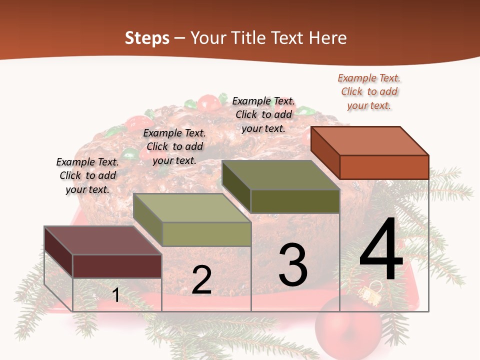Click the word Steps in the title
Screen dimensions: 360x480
pos(147,38)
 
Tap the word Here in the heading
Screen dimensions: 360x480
pos(327,38)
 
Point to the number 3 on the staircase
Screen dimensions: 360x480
pos(292,265)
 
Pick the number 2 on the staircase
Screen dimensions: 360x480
pos(201,280)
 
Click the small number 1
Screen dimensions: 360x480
pos(116,295)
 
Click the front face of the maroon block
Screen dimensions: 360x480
pos(117,266)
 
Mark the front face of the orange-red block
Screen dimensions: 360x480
pos(384,167)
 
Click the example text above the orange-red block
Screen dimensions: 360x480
pos(369,91)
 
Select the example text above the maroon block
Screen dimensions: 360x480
pos(87,175)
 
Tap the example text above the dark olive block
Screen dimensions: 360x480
pos(263,114)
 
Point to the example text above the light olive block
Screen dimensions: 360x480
pos(174,146)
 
